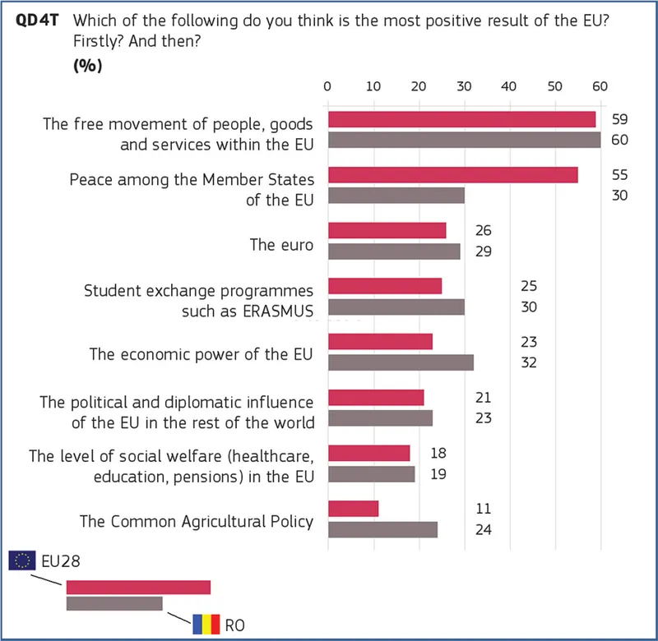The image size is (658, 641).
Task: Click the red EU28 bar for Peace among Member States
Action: pyautogui.click(x=452, y=175)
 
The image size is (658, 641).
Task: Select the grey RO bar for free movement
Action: pyautogui.click(x=464, y=140)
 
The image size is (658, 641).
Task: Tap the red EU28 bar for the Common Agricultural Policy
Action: pyautogui.click(x=353, y=509)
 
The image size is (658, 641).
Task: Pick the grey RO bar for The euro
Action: pyautogui.click(x=394, y=251)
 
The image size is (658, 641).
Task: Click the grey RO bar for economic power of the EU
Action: pyautogui.click(x=401, y=362)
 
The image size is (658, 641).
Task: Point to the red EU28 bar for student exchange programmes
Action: pyautogui.click(x=385, y=286)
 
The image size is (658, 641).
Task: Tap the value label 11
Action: pyautogui.click(x=484, y=509)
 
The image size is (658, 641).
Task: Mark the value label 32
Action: pyautogui.click(x=528, y=362)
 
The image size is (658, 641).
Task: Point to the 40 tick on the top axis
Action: pyautogui.click(x=509, y=85)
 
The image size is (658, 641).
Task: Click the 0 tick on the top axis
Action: pyautogui.click(x=327, y=85)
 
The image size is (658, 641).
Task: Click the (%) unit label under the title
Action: pyautogui.click(x=88, y=67)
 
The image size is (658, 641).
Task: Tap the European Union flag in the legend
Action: pyautogui.click(x=21, y=560)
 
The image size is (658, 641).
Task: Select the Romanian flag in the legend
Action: pyautogui.click(x=206, y=625)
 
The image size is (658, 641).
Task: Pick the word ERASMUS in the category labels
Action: pyautogui.click(x=275, y=311)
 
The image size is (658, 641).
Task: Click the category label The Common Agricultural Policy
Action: pyautogui.click(x=196, y=521)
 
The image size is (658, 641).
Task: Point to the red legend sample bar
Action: pyautogui.click(x=138, y=587)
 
